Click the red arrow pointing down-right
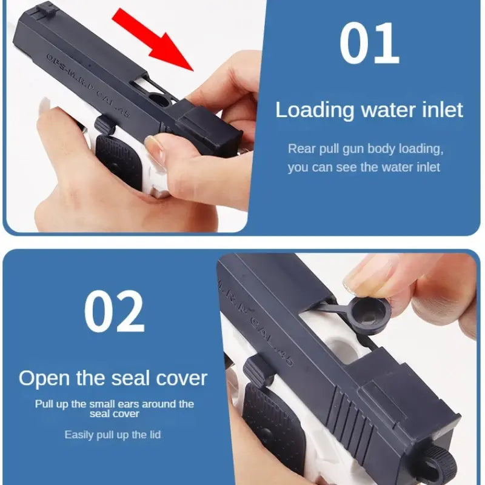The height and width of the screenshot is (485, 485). click(155, 38)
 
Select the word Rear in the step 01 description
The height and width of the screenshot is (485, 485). click(301, 149)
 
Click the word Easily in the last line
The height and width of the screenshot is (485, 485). click(80, 435)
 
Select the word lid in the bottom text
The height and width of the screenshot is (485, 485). click(154, 435)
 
